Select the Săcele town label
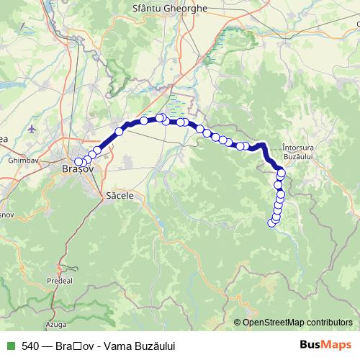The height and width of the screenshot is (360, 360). click(120, 195)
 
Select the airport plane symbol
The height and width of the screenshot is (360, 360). click(33, 130)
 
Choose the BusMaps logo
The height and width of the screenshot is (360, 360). click(325, 345)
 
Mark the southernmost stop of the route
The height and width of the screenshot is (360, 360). click(272, 223)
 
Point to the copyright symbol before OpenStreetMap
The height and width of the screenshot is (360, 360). click(238, 323)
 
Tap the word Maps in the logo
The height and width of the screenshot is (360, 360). click(337, 345)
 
